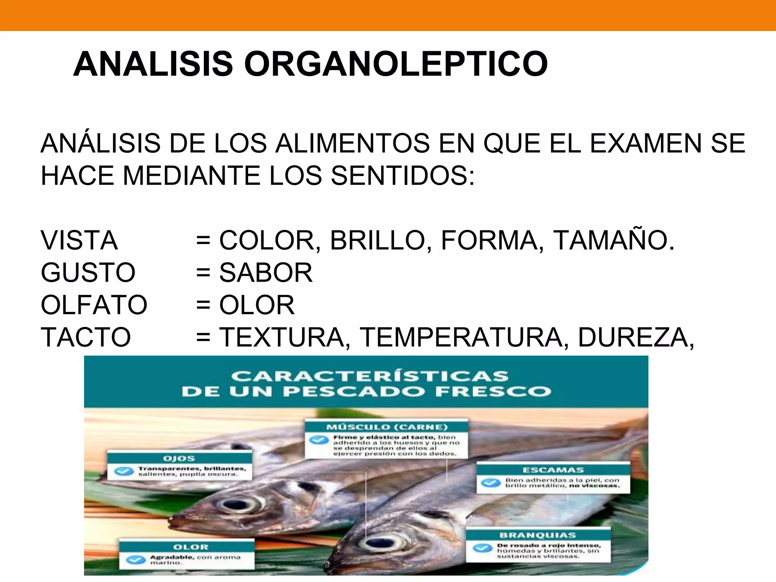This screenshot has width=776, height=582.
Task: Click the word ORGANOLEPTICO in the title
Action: click(396, 64)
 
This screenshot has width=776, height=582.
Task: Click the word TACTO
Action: click(86, 337)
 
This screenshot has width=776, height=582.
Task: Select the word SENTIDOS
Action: click(402, 176)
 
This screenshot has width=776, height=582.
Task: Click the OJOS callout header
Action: click(179, 458)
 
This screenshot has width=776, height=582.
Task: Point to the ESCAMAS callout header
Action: click(553, 470)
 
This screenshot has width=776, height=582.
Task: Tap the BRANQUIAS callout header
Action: click(538, 535)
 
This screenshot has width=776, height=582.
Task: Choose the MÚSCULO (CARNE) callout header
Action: click(387, 427)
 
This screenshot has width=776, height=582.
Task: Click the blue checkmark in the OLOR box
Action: click(136, 560)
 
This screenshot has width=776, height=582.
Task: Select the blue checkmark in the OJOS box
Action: click(124, 471)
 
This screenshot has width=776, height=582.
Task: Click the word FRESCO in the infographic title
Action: click(493, 391)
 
